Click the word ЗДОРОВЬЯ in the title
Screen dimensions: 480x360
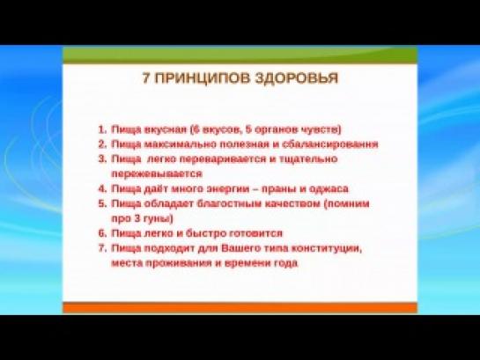tap(296, 77)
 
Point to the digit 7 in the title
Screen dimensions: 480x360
tap(146, 77)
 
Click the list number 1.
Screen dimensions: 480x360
tap(102, 129)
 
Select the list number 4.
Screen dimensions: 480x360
tap(102, 188)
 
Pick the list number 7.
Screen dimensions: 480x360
tap(102, 247)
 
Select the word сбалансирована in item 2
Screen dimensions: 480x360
tap(330, 144)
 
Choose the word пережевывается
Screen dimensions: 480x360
tap(157, 174)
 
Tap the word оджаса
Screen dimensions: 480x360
tap(329, 189)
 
